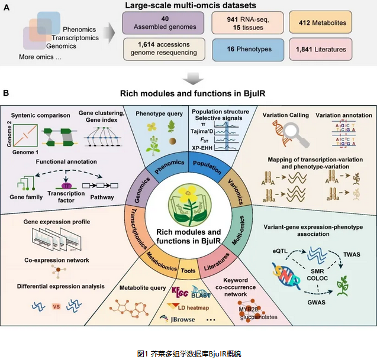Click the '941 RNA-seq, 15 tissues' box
tap(240, 22)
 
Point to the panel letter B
tap(7, 93)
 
